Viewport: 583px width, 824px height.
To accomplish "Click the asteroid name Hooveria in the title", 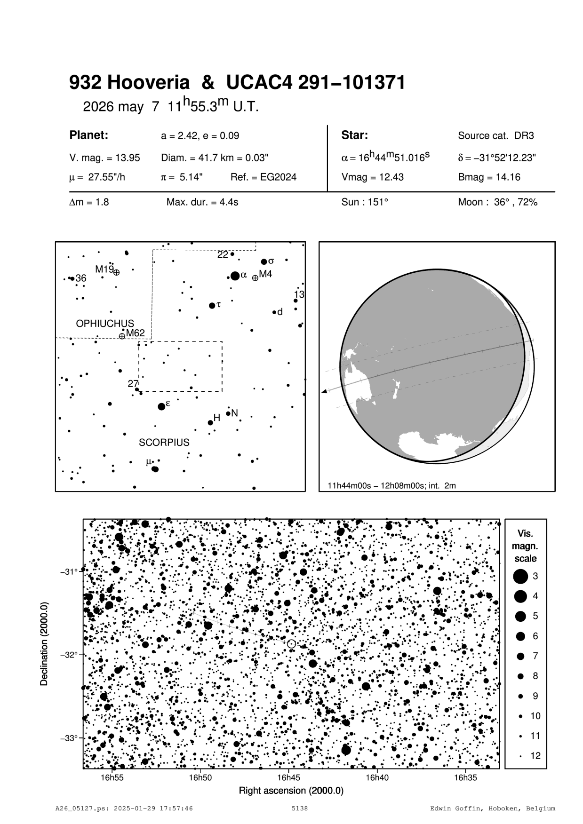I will [149, 83].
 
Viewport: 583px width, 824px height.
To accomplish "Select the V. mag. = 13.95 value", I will [104, 158].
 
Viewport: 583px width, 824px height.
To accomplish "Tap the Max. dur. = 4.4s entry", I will [202, 202].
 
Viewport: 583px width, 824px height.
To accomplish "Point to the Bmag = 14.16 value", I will [489, 177].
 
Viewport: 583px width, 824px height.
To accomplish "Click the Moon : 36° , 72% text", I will [497, 202].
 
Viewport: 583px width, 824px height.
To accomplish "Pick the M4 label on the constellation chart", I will [265, 274].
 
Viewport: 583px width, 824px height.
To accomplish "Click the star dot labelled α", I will [235, 276].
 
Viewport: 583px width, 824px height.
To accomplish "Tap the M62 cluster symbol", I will [122, 336].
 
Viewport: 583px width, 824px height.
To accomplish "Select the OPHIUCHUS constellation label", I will [105, 324].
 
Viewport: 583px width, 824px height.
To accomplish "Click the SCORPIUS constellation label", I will [164, 443].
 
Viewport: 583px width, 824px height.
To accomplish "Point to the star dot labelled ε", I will [162, 406].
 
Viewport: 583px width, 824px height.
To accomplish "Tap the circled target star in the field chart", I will [291, 644].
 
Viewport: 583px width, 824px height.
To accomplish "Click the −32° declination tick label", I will [69, 655].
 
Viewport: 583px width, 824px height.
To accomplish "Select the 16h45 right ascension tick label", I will [288, 777].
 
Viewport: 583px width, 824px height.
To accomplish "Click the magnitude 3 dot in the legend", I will [520, 576].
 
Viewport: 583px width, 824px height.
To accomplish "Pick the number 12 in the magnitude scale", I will [535, 756].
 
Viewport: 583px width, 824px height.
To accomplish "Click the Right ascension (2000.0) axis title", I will [291, 791].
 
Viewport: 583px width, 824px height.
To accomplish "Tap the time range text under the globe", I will [391, 485].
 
